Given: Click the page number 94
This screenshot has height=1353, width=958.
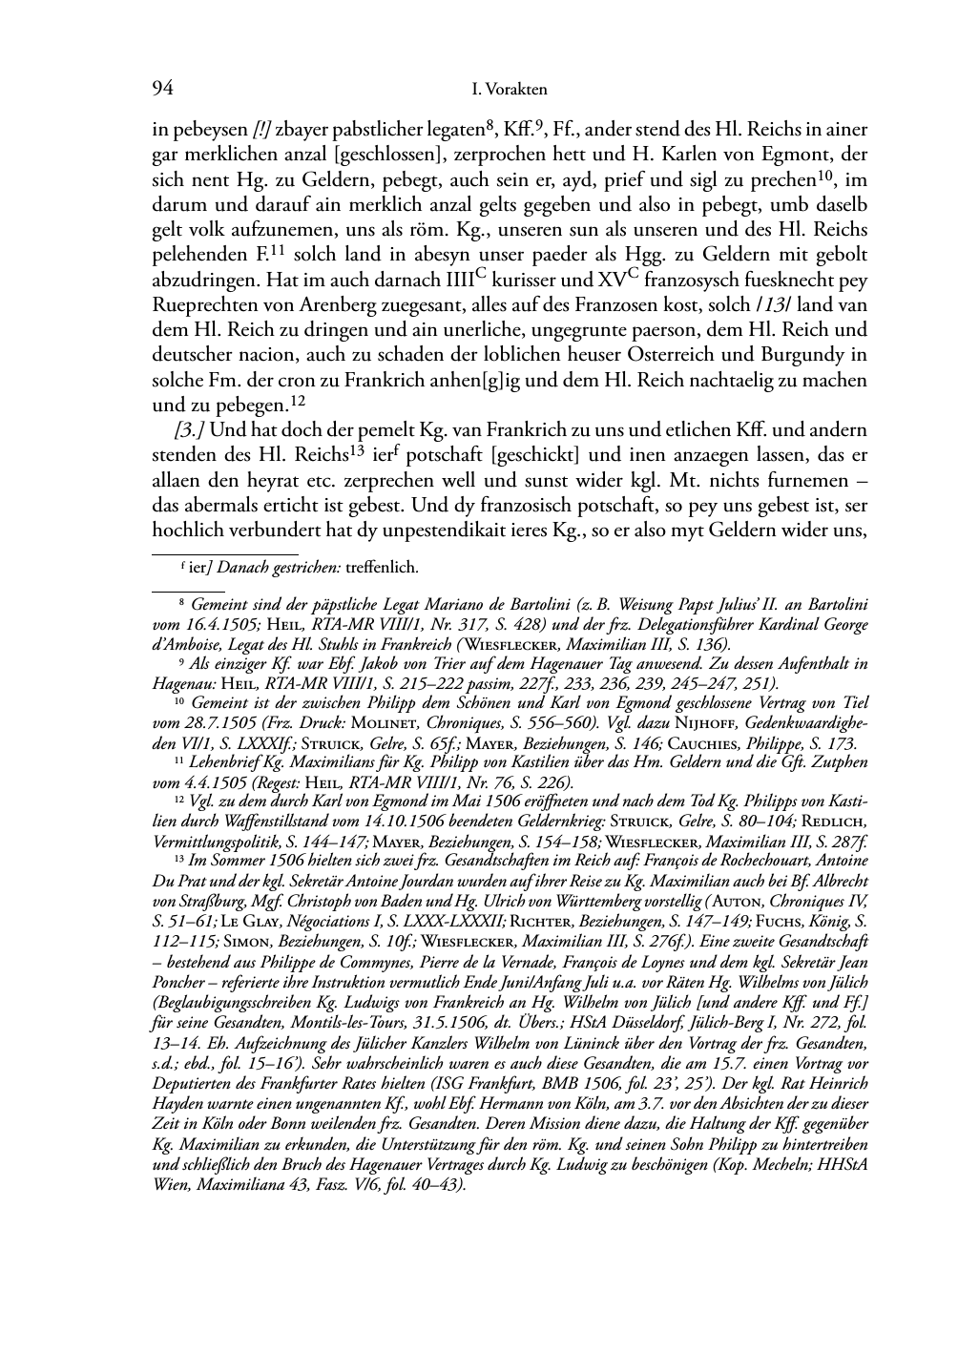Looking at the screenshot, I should pyautogui.click(x=162, y=90).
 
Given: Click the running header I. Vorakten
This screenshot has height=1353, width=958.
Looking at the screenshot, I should pyautogui.click(x=510, y=90).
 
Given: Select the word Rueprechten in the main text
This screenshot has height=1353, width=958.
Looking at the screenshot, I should pyautogui.click(x=200, y=306).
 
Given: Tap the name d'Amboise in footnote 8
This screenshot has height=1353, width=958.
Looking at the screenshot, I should pyautogui.click(x=189, y=644).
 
